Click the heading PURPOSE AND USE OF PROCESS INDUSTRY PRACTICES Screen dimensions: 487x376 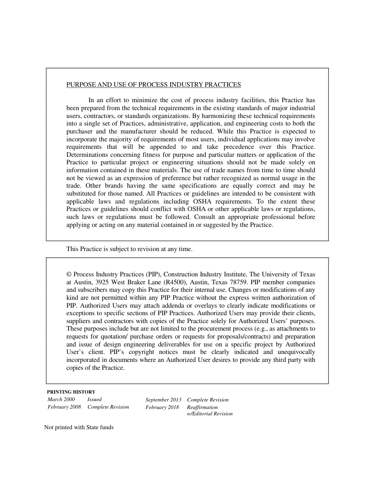153,85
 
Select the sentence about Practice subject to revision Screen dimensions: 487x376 129,249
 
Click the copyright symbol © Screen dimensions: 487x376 69,274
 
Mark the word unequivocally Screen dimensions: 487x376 296,352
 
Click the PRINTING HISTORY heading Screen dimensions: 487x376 71,392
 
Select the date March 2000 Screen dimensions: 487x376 61,399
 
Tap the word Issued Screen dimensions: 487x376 94,399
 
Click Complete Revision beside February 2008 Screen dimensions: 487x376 108,407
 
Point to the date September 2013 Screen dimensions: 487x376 163,400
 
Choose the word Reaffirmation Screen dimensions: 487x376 202,407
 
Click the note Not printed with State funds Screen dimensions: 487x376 79,428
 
